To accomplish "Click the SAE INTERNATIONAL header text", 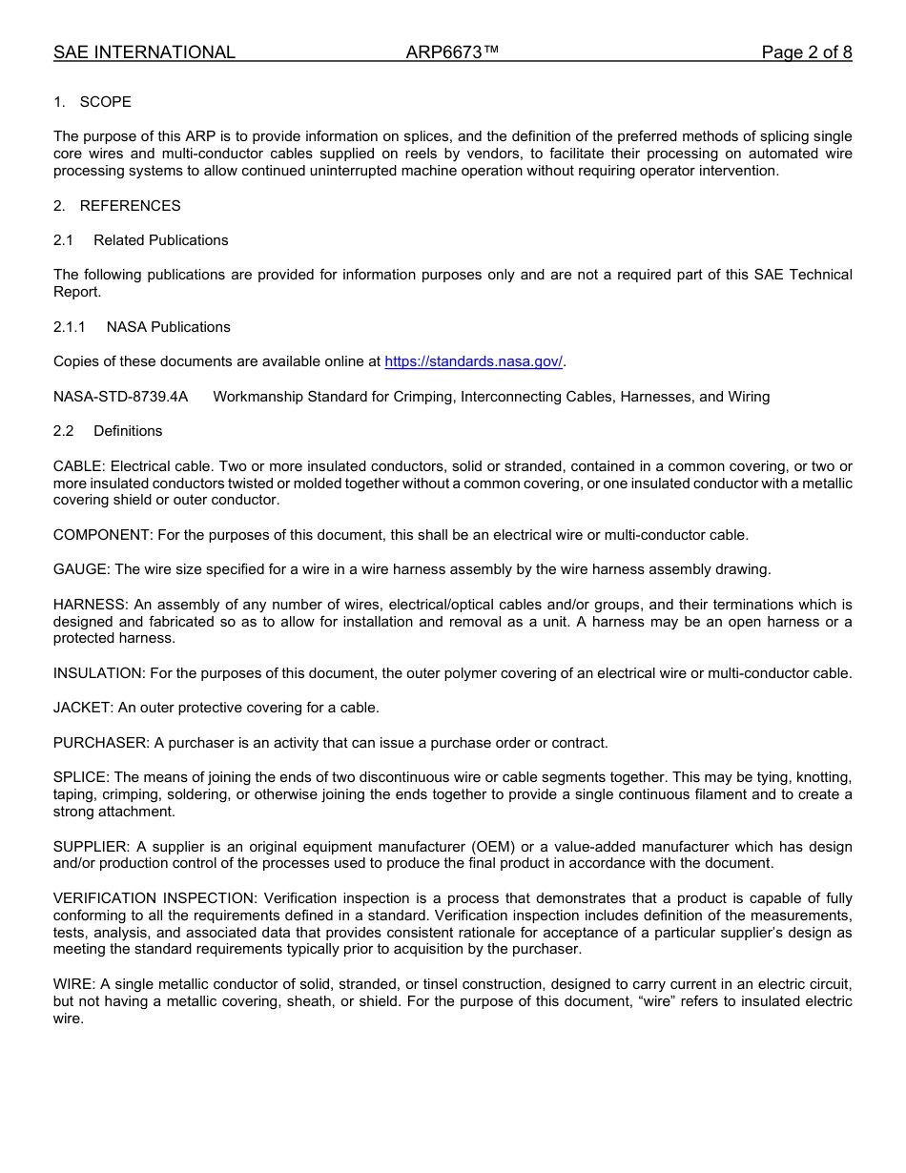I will coord(144,52).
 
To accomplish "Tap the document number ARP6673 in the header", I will coord(452,52).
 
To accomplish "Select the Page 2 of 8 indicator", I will coord(806,52).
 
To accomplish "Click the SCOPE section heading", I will coord(105,102).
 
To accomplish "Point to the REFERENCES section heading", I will coord(130,206).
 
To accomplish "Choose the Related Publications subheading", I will coord(160,240).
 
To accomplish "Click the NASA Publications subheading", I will coord(168,327).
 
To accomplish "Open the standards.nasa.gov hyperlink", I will coord(473,361).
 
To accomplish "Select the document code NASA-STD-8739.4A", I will coord(121,397).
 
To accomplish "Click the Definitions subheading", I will coord(128,431).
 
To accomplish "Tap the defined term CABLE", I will coord(79,466).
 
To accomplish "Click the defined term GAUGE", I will coord(82,569).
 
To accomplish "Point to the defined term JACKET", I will coord(82,708).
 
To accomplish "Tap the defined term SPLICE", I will coord(81,777).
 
